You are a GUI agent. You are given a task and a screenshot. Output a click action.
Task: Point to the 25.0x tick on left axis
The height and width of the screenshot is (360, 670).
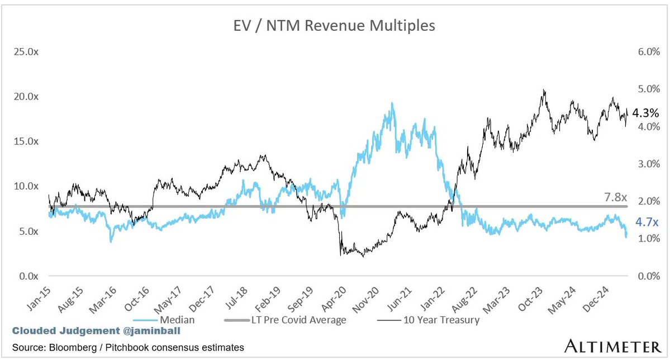pyautogui.click(x=26, y=52)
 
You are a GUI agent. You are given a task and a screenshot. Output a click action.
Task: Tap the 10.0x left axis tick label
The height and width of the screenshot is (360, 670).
pyautogui.click(x=26, y=186)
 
